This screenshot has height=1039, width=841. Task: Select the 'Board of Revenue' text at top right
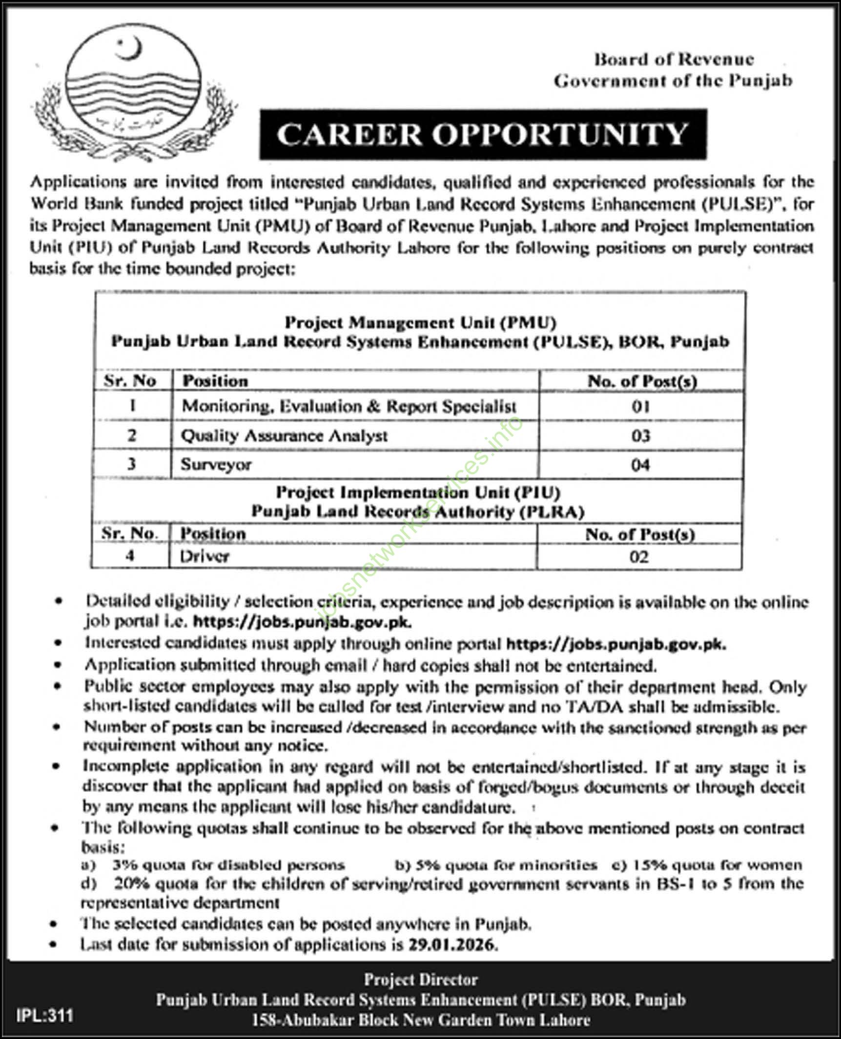pos(674,60)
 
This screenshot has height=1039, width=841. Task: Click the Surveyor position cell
pos(216,464)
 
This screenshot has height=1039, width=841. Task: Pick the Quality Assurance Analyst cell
pos(284,435)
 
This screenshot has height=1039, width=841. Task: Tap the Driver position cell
pos(205,556)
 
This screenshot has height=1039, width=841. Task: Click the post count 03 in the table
pos(640,435)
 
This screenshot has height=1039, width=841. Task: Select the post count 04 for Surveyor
pos(640,464)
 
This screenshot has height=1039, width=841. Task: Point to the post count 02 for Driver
pos(638,557)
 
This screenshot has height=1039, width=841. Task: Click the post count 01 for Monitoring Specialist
pos(640,406)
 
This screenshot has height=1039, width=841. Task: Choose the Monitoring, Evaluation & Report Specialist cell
pos(349,406)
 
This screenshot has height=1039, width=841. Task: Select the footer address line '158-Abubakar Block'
pos(421,1019)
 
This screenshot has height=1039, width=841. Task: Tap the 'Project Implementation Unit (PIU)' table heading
pos(418,493)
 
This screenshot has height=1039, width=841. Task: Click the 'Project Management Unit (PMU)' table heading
pos(420,322)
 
